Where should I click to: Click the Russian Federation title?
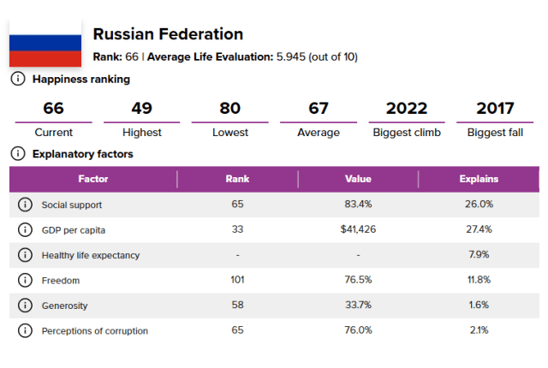(x=168, y=34)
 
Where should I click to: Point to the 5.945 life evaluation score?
(x=295, y=57)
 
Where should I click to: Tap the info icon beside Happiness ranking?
(x=17, y=80)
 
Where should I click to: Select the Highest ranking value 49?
(x=141, y=109)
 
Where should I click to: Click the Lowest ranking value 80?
(x=230, y=109)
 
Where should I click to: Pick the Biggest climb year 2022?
(x=407, y=109)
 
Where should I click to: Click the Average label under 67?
(x=319, y=133)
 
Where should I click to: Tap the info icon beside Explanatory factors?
(x=17, y=154)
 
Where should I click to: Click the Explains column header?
(x=479, y=180)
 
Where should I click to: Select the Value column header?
(x=358, y=180)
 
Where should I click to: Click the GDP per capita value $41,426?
(x=358, y=230)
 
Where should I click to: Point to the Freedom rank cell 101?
(x=237, y=280)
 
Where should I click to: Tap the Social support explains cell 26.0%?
(x=479, y=205)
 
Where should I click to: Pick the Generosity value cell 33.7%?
(x=358, y=306)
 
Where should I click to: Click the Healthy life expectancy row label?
(x=91, y=255)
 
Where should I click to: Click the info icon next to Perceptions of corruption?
(x=25, y=330)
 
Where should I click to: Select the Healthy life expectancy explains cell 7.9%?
(x=479, y=255)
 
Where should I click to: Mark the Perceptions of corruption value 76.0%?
(x=358, y=330)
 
